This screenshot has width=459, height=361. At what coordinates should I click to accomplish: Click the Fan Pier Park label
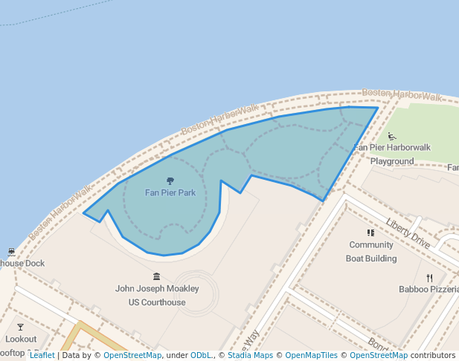pyautogui.click(x=170, y=193)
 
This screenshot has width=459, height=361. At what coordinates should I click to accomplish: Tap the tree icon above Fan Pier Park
pyautogui.click(x=170, y=180)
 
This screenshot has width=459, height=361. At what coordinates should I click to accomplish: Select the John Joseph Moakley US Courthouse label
pyautogui.click(x=157, y=295)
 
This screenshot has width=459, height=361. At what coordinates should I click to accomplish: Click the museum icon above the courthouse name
pyautogui.click(x=156, y=276)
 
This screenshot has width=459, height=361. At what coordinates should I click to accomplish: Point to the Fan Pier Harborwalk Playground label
pyautogui.click(x=392, y=154)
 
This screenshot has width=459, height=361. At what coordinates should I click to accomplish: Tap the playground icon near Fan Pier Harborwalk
pyautogui.click(x=392, y=137)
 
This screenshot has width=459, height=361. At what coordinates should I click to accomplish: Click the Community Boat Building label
pyautogui.click(x=371, y=251)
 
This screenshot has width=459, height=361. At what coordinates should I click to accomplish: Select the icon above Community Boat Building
pyautogui.click(x=371, y=232)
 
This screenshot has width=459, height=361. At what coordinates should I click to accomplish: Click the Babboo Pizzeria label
pyautogui.click(x=428, y=289)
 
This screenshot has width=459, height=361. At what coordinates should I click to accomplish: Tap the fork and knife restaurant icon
pyautogui.click(x=429, y=278)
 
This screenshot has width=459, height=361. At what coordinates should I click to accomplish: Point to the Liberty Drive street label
pyautogui.click(x=408, y=232)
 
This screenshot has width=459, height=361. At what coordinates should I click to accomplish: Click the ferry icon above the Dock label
pyautogui.click(x=11, y=252)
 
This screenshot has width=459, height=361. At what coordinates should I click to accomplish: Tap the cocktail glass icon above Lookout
pyautogui.click(x=20, y=327)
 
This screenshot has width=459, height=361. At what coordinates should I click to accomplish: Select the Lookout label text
pyautogui.click(x=21, y=339)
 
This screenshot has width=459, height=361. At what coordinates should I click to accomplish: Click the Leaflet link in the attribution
pyautogui.click(x=42, y=355)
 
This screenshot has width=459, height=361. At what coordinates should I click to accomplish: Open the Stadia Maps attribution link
pyautogui.click(x=250, y=355)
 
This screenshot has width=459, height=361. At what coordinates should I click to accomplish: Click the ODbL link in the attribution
pyautogui.click(x=201, y=355)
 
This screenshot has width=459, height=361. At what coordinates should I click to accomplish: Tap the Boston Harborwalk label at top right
pyautogui.click(x=401, y=95)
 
